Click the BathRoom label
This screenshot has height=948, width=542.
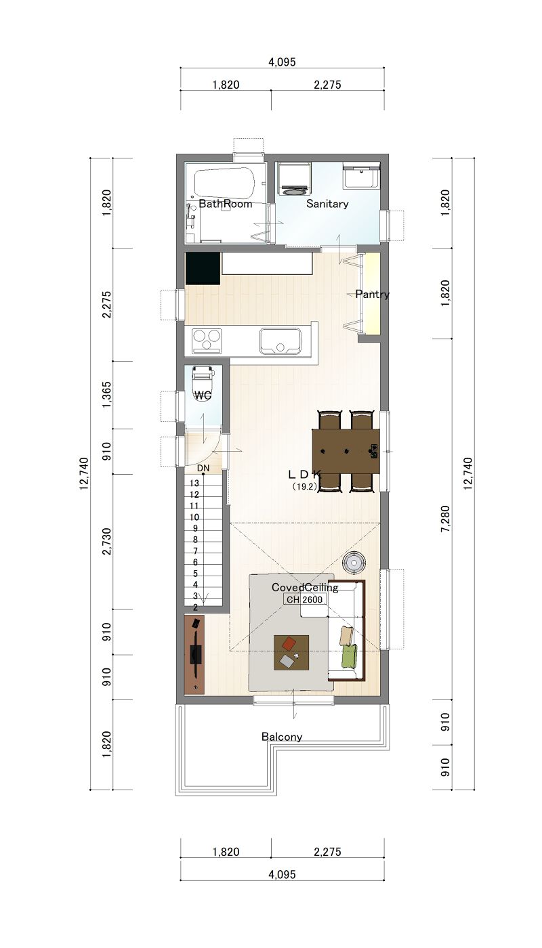[x=225, y=204]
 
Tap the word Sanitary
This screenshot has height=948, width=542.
[x=327, y=204]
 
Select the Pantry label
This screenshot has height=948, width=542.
[x=372, y=294]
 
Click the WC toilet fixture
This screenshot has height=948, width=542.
[x=203, y=383]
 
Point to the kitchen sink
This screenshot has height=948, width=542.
[x=280, y=341]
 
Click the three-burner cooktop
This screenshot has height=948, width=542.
[x=207, y=341]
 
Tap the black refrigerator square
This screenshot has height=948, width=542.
[x=203, y=268]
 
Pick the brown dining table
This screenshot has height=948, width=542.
[x=346, y=451]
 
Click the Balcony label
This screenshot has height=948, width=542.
[x=282, y=737]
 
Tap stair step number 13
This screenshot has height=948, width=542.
[x=194, y=483]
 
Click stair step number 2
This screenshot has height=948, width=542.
[x=195, y=608]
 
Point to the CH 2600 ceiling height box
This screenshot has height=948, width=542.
[x=304, y=600]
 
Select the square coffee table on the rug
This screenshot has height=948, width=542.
[x=291, y=653]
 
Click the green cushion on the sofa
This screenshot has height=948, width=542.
[x=350, y=657]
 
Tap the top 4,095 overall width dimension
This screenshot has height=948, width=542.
[x=282, y=62]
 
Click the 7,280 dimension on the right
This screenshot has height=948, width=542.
[x=445, y=519]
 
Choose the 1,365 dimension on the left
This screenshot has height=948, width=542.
[x=107, y=395]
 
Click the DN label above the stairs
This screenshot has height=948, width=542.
[x=203, y=469]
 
